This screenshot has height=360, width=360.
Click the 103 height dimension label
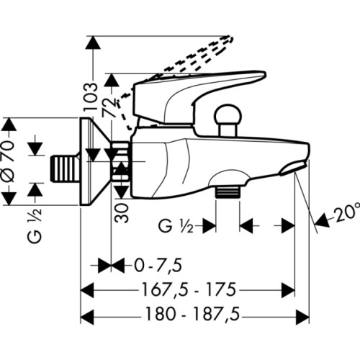(91, 96)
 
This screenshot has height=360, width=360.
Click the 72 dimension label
(109, 105)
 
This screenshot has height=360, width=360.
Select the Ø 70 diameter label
(9, 161)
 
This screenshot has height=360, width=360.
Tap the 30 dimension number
(122, 212)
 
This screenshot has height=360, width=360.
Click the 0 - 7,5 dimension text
(158, 266)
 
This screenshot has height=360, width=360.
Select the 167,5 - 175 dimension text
(189, 289)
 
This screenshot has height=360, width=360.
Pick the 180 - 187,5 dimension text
(193, 314)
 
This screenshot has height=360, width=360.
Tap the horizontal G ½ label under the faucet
(176, 226)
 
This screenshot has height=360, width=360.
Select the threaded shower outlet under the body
(228, 191)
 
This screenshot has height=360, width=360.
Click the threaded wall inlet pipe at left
(65, 169)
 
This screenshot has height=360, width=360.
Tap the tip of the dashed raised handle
(230, 39)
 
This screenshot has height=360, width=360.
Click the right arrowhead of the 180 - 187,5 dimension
(302, 317)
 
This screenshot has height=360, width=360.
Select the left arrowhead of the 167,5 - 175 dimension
(87, 290)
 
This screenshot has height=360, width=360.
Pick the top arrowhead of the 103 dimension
(93, 43)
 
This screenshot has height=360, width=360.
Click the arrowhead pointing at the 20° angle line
(322, 220)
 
